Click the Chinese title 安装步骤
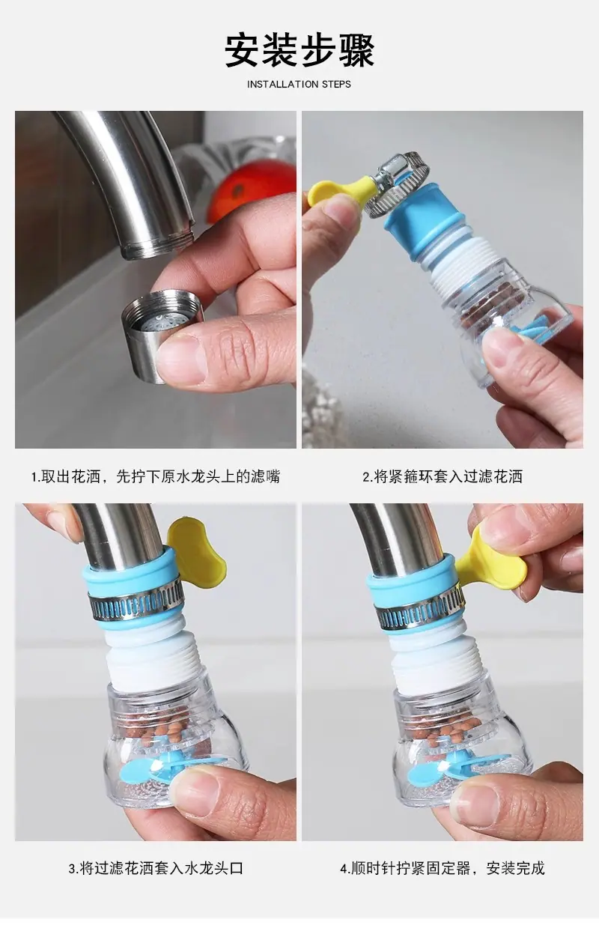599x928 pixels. (299, 50)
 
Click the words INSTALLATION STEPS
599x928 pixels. (299, 84)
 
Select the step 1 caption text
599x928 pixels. (156, 476)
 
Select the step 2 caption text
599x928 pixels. (443, 476)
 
